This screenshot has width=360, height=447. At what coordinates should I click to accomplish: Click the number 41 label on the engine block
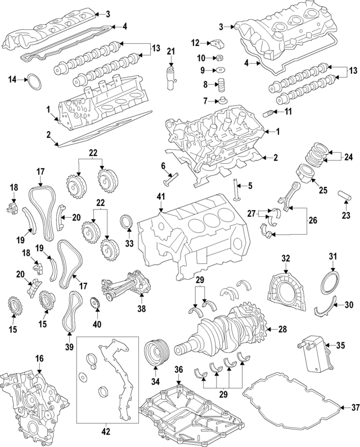(x=160, y=197)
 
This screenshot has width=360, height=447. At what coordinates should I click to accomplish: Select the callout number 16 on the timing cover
(x=39, y=358)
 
